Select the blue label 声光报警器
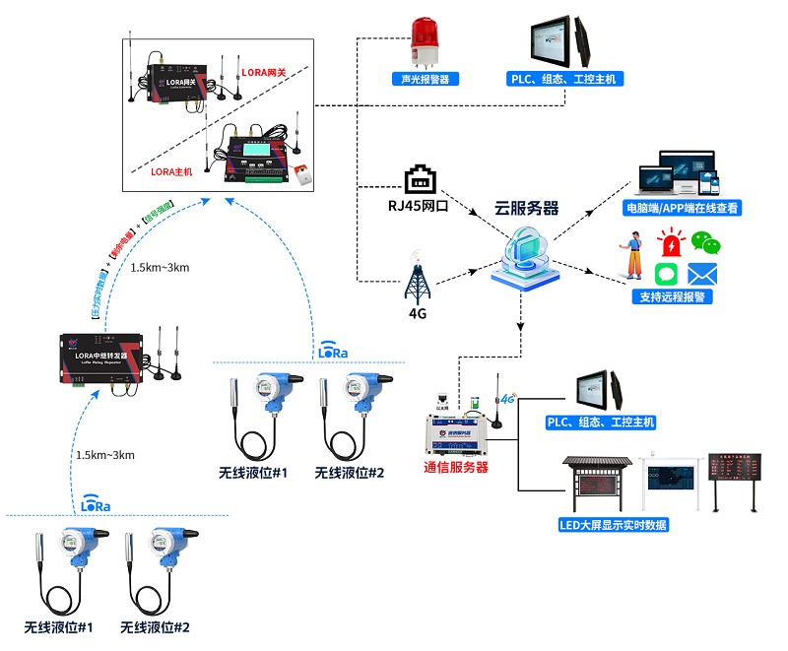(425, 79)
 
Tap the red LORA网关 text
(261, 73)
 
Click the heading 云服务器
(527, 209)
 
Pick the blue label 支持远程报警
(675, 296)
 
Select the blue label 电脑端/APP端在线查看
(682, 209)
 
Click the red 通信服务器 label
(456, 468)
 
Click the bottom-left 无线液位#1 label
(58, 627)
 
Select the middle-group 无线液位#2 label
(350, 474)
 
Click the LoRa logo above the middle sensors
(333, 351)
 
